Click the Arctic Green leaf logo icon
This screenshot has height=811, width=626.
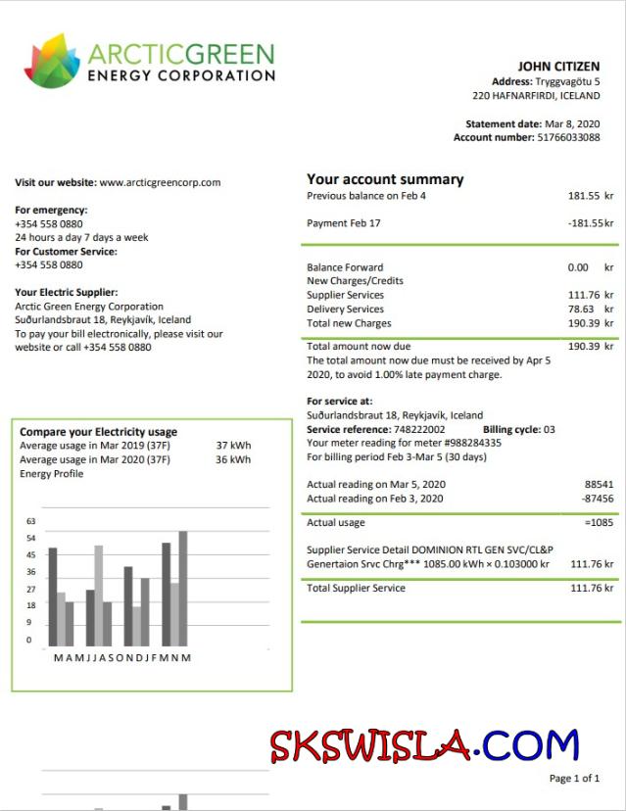tap(51, 61)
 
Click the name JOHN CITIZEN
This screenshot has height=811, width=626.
tap(558, 67)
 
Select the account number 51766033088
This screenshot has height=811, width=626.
tap(568, 138)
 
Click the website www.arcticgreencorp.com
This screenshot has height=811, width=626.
tap(160, 182)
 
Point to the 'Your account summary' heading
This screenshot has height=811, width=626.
tap(385, 179)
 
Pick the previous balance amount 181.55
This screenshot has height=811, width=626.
tap(584, 196)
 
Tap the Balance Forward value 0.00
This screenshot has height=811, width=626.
tap(578, 267)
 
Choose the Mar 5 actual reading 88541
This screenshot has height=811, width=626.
tap(599, 485)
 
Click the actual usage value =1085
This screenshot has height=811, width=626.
tap(598, 523)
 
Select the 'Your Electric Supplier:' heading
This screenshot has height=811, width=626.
tap(67, 292)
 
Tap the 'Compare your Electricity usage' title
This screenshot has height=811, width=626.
tap(98, 432)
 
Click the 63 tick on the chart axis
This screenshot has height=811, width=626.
tap(30, 521)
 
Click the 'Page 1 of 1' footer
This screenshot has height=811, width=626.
tap(574, 779)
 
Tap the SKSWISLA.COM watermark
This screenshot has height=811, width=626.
tap(425, 746)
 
